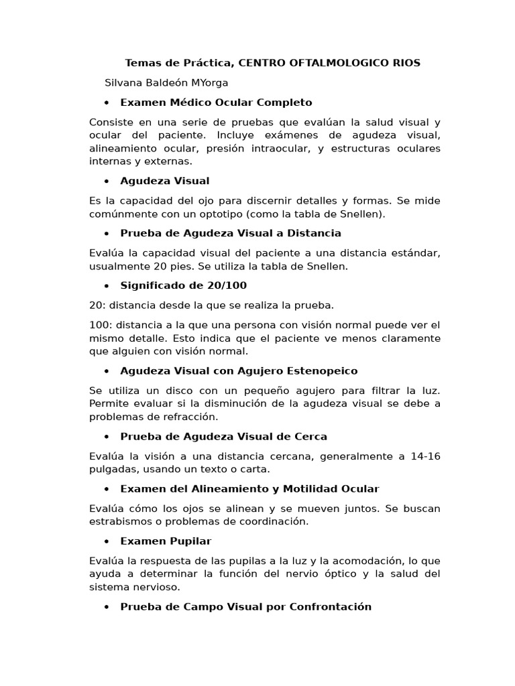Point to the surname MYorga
209,83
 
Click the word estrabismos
118,521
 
